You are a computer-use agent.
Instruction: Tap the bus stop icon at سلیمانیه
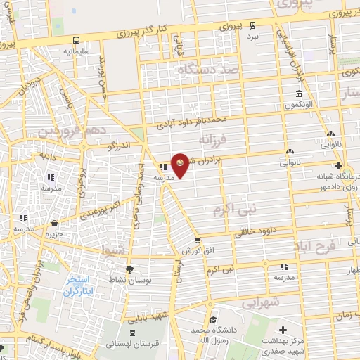coord(75,41)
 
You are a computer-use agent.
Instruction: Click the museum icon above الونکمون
coord(299,94)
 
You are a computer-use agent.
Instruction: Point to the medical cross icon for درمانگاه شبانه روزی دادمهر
coord(338,166)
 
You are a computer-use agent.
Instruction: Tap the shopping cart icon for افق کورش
coord(198,240)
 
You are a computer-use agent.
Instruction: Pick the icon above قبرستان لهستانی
coord(132,331)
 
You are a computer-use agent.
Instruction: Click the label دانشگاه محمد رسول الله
coord(212,333)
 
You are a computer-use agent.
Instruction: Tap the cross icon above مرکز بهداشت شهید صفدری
coord(283,329)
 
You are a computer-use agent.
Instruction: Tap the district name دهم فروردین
coord(72,131)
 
